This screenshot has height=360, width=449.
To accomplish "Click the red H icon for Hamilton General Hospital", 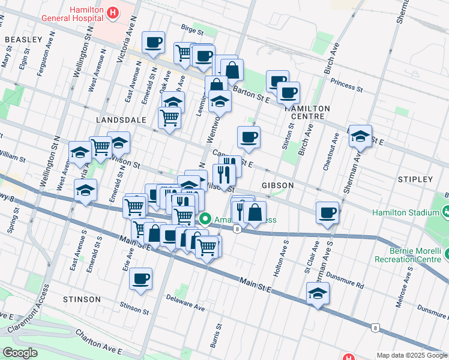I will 112,11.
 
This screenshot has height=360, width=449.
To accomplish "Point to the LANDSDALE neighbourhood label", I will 121,120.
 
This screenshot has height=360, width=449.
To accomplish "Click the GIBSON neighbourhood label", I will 277,185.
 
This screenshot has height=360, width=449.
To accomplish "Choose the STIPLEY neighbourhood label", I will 414,179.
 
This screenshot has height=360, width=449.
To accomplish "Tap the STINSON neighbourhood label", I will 82,299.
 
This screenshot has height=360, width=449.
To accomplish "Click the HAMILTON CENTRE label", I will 310,112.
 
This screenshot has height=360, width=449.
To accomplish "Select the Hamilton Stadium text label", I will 405,212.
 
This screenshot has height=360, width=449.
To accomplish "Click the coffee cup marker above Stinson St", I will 140,278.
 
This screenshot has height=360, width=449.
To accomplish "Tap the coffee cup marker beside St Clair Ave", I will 327,212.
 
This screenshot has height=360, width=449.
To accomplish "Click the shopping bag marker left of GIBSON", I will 255,212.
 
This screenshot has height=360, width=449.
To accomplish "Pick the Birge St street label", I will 193,28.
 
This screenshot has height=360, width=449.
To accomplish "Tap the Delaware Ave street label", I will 185,305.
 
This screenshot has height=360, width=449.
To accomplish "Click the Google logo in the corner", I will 20,353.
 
